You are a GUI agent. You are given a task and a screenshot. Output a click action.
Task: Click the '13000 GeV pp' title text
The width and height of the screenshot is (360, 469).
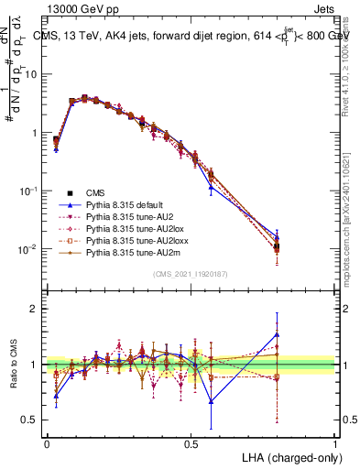pos(83,8)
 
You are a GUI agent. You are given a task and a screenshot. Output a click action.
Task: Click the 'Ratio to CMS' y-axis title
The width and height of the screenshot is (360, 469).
pos(13,364)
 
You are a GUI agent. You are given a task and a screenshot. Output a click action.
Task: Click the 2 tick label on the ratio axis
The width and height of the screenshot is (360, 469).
pos(36,309)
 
